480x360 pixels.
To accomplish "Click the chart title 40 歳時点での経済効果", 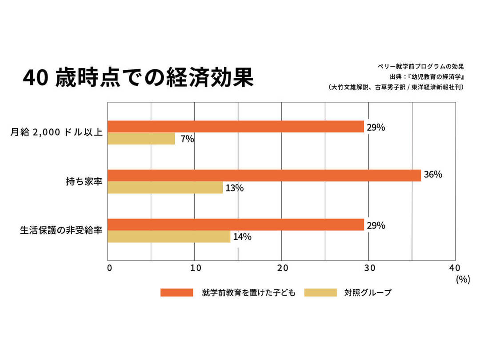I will (138, 78).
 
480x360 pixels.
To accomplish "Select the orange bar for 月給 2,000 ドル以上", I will (236, 127).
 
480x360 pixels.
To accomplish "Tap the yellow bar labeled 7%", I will (141, 139).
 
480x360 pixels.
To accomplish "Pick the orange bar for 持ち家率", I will (264, 176).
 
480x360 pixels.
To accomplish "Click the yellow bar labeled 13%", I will (165, 188).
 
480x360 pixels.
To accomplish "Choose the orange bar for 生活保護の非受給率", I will (236, 225).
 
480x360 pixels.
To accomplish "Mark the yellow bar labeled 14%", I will (169, 236).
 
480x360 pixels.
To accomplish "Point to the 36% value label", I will (433, 175).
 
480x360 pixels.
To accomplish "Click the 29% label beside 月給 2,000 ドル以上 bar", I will (376, 128).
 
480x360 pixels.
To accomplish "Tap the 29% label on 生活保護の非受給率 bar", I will (376, 225).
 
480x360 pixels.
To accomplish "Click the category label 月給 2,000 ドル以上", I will (58, 132).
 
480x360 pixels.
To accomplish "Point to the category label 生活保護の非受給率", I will (61, 231).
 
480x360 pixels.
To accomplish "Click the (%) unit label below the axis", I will (462, 280).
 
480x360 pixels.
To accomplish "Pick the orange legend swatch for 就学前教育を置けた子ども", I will (177, 292).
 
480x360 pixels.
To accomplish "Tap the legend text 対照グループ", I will (368, 292).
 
